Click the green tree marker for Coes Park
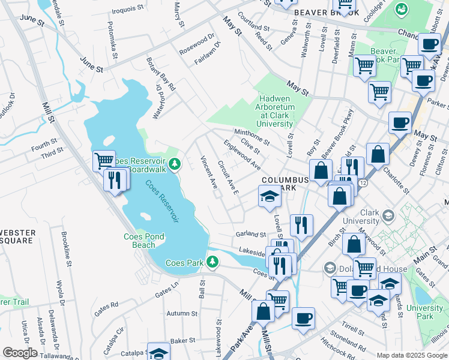tap(211, 262)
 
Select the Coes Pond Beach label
tap(143, 240)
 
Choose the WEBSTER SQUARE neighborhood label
tap(17, 236)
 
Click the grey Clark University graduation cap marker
tap(388, 216)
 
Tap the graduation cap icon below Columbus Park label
tap(270, 196)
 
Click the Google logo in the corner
tap(19, 353)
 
